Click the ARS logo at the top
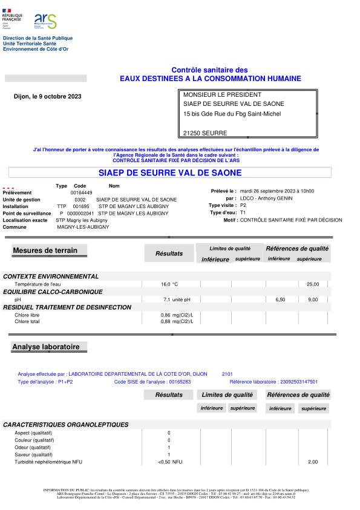click(x=45, y=22)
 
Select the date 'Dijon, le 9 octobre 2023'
click(x=47, y=96)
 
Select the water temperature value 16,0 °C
click(x=169, y=284)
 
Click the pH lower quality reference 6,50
click(x=280, y=299)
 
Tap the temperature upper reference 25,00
click(x=313, y=284)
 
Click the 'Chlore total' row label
click(x=28, y=321)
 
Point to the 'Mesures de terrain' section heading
click(x=41, y=250)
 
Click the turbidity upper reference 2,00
click(x=313, y=462)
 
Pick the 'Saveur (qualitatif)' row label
click(x=34, y=454)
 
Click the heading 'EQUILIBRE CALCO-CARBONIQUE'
click(x=53, y=292)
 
